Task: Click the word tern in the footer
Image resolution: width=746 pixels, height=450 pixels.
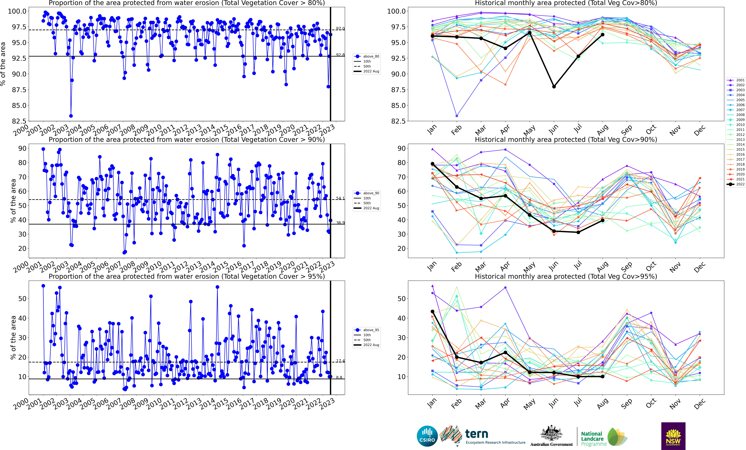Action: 477,434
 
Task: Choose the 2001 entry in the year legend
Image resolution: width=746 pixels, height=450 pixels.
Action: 740,80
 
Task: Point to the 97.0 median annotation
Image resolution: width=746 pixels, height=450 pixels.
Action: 340,28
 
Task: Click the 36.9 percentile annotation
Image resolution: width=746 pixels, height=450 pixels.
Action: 340,223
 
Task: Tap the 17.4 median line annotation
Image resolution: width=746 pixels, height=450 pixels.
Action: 340,361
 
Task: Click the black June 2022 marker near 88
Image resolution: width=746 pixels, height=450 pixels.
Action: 554,87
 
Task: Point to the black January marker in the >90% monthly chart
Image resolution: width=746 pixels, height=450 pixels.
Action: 432,164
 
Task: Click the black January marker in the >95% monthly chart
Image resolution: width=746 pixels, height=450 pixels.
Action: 432,311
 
